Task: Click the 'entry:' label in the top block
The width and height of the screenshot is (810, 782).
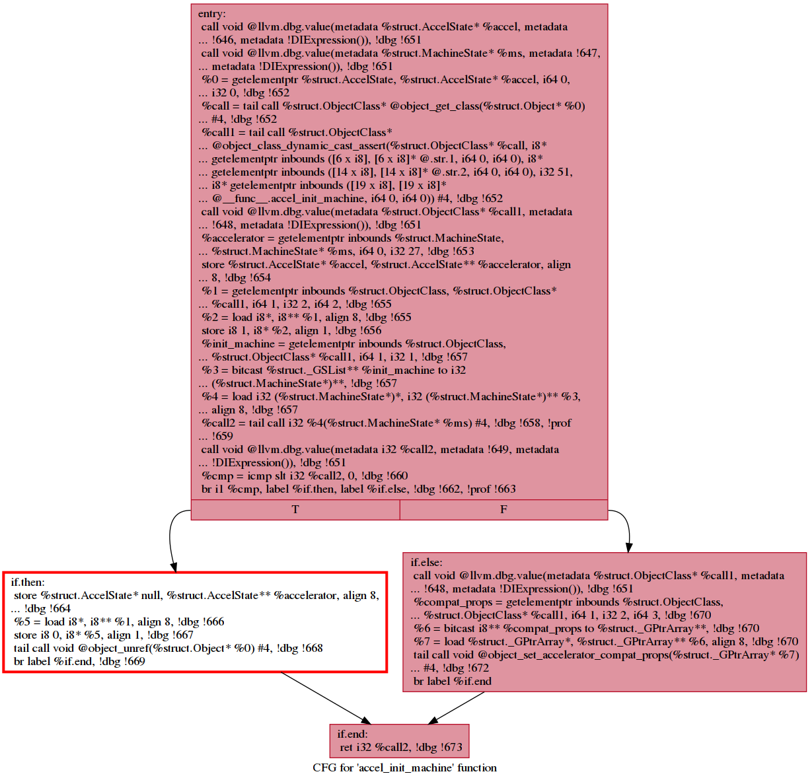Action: pyautogui.click(x=211, y=14)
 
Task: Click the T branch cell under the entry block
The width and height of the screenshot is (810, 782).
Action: pyautogui.click(x=295, y=509)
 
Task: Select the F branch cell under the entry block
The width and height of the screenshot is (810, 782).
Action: pyautogui.click(x=503, y=509)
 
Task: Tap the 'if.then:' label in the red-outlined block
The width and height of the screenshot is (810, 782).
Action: pyautogui.click(x=28, y=583)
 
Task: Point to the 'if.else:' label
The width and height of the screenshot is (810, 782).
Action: pyautogui.click(x=427, y=563)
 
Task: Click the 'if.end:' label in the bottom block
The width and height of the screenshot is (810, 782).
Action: pyautogui.click(x=353, y=734)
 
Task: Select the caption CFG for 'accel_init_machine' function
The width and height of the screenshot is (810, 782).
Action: pyautogui.click(x=404, y=768)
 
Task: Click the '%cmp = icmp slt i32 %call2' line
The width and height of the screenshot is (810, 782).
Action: pyautogui.click(x=305, y=476)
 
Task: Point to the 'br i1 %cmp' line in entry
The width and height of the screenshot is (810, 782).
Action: pyautogui.click(x=359, y=489)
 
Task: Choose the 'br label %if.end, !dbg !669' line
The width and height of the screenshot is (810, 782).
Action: pyautogui.click(x=79, y=662)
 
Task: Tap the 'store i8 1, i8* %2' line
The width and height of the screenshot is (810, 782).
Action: pyautogui.click(x=291, y=331)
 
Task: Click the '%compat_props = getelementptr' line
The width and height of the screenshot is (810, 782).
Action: pyautogui.click(x=568, y=602)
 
